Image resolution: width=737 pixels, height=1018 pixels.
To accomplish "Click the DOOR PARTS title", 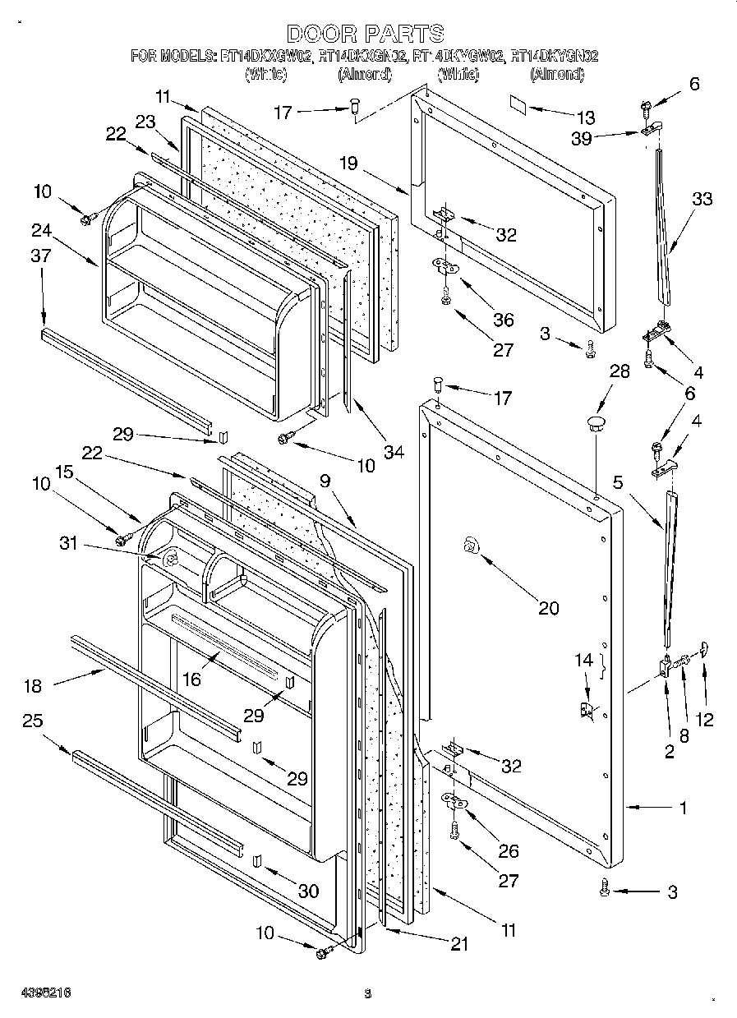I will point(366,34).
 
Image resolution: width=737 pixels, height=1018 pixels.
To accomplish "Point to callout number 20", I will point(548,608).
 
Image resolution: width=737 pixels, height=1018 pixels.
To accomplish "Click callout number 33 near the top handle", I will point(702,199).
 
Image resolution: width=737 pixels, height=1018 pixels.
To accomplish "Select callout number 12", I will point(704,720).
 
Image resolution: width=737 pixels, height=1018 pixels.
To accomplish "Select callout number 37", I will point(41,256).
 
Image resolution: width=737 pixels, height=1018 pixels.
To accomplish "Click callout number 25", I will point(33,721).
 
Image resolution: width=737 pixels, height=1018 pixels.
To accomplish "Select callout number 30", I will point(308,891).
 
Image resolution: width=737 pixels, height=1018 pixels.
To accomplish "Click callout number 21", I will point(459,945).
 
